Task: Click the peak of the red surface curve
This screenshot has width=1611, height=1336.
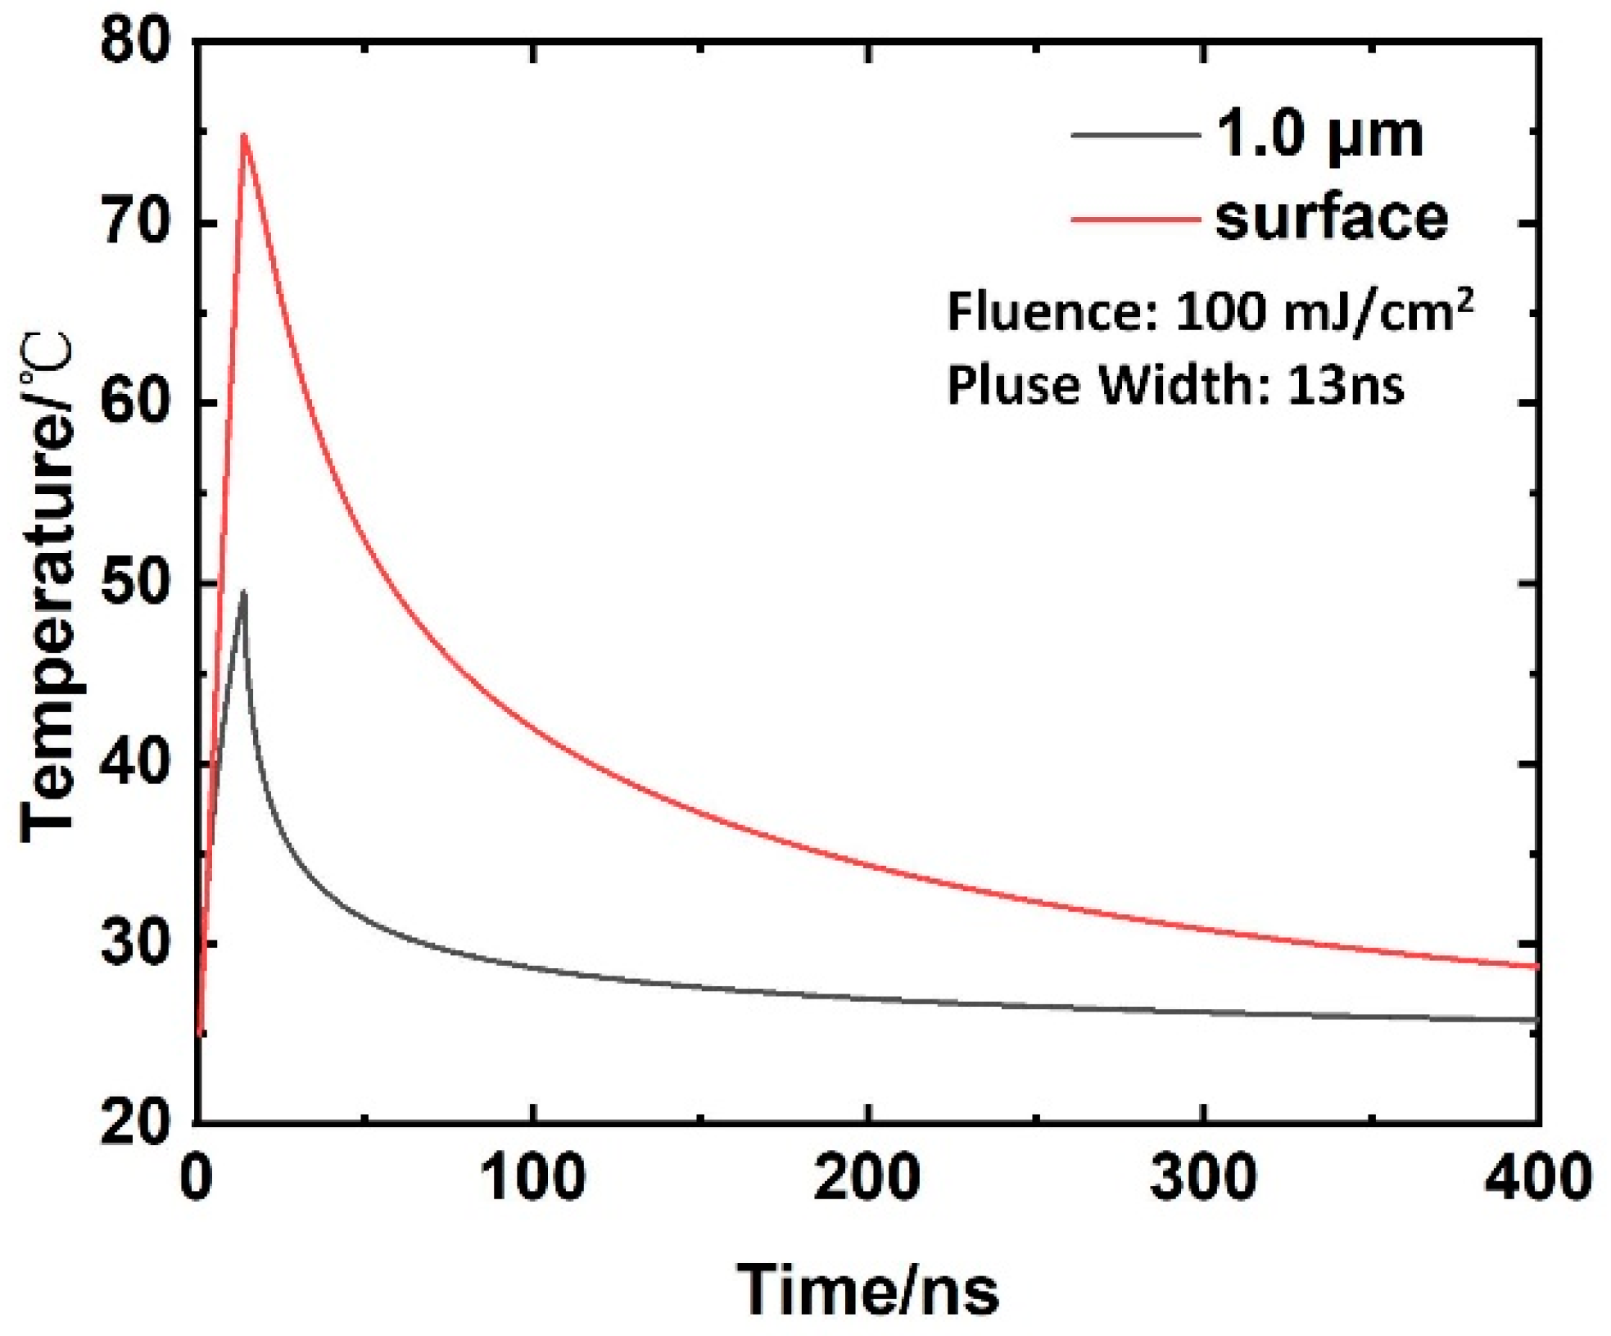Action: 243,134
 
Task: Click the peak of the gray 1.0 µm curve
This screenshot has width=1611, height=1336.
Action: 242,591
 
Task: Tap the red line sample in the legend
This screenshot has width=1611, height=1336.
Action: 1135,219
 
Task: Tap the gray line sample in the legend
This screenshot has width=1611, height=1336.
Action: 1135,134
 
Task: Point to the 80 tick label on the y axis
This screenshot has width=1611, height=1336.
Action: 135,41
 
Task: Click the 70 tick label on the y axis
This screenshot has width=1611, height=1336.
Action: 135,222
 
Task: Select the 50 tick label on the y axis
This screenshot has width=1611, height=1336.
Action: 135,583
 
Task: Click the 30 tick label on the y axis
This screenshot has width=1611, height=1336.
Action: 135,944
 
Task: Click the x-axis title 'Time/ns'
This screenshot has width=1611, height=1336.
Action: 868,1289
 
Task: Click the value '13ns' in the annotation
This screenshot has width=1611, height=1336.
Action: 1346,384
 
